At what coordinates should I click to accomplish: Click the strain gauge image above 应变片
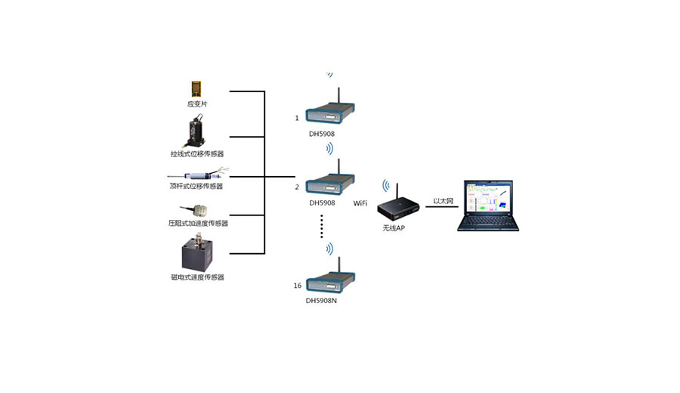pyautogui.click(x=197, y=88)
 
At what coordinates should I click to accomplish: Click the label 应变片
pyautogui.click(x=197, y=104)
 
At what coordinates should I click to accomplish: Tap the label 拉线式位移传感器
pyautogui.click(x=197, y=154)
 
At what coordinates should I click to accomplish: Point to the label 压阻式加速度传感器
pyautogui.click(x=198, y=224)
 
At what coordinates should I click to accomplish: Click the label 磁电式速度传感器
pyautogui.click(x=198, y=277)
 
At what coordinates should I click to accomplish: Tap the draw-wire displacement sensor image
pyautogui.click(x=197, y=130)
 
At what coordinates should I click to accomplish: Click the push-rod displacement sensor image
pyautogui.click(x=198, y=175)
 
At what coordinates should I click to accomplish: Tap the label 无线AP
pyautogui.click(x=394, y=227)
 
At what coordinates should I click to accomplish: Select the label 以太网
pyautogui.click(x=443, y=202)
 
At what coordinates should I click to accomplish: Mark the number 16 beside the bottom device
pyautogui.click(x=297, y=286)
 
